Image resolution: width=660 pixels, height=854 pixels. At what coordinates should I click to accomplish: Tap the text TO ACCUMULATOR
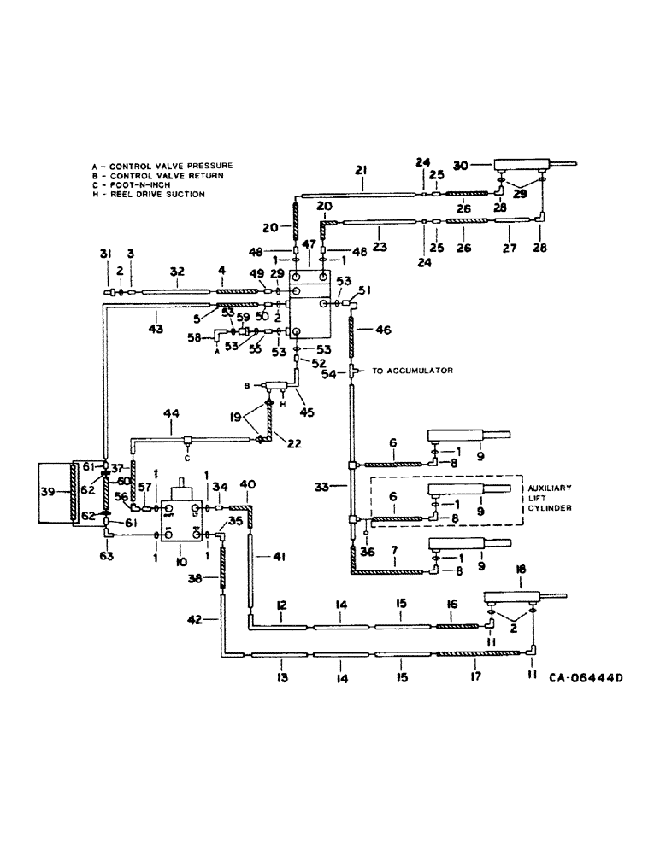408,371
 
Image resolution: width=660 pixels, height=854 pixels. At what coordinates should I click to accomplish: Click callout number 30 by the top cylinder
484,166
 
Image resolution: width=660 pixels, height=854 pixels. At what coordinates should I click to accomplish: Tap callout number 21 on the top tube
361,171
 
